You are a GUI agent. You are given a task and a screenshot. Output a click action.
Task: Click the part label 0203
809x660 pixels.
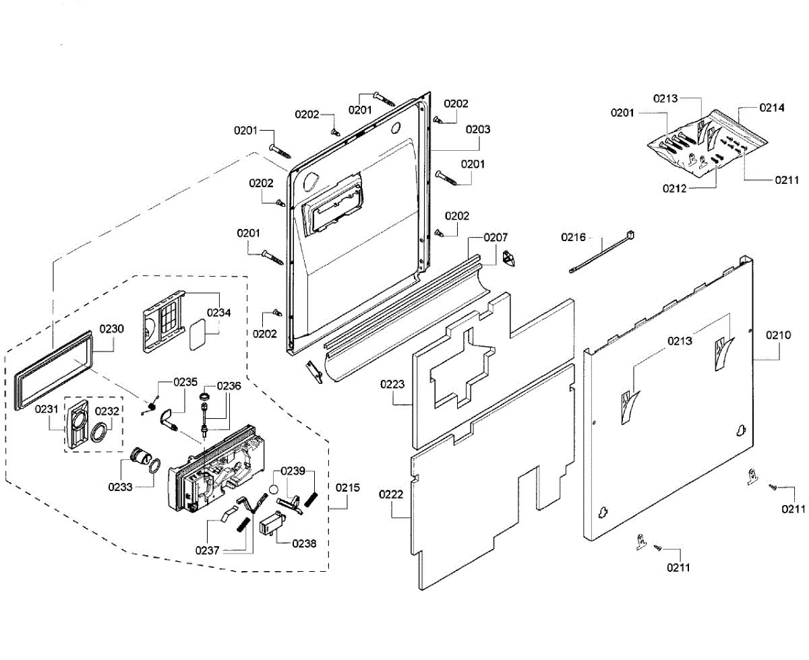[477, 129]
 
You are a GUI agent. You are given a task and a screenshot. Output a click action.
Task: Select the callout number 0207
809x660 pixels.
[496, 238]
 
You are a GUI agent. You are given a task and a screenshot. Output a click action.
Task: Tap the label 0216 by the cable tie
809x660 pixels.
[574, 238]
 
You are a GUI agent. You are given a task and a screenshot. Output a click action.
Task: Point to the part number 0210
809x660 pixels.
[778, 335]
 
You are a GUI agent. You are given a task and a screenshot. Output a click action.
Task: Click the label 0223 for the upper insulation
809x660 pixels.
[392, 384]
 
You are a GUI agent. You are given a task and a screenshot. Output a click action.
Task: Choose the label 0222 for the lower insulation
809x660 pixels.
[391, 494]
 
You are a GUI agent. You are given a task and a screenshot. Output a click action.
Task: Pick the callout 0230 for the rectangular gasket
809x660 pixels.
[112, 329]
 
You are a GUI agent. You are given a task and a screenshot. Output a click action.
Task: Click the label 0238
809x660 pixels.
[304, 543]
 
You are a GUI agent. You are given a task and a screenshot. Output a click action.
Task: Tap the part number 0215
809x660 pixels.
[348, 488]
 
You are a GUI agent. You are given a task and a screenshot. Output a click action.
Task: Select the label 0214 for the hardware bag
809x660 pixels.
[772, 108]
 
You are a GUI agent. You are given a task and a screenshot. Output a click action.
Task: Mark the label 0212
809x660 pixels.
[675, 189]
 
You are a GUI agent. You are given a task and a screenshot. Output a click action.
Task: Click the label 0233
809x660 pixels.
[120, 487]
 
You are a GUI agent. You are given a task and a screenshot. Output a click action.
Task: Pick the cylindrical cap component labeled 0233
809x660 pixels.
[140, 456]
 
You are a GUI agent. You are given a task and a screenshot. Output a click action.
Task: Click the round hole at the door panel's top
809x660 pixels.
[396, 127]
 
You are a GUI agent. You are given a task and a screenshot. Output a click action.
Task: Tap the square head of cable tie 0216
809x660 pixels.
[630, 234]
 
